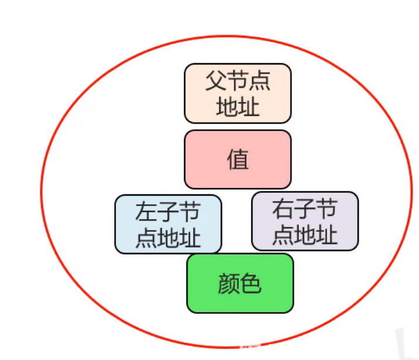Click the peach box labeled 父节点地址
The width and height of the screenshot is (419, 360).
point(237,93)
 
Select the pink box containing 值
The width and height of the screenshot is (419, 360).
point(237,159)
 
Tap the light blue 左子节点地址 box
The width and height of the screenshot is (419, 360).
point(168,224)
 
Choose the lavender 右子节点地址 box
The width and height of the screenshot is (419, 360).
point(305,221)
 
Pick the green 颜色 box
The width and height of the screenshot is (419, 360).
point(240,283)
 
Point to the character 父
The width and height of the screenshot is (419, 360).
point(216,81)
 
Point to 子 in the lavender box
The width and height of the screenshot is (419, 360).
point(305,208)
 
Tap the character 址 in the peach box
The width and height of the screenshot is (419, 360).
point(248,107)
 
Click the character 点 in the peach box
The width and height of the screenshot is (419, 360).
point(260,81)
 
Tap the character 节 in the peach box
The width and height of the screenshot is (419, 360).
point(238,81)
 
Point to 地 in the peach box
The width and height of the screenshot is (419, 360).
point(227,107)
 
